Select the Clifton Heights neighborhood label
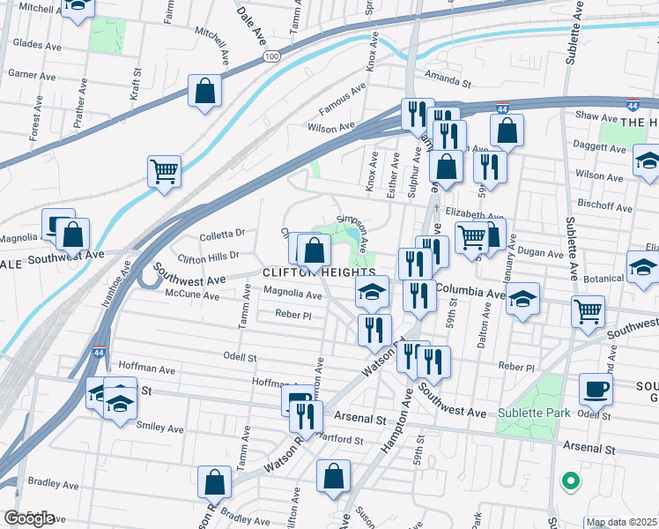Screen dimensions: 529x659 (x=319, y=273)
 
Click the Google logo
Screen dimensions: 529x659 (x=29, y=518)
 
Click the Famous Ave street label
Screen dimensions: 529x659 (x=342, y=100)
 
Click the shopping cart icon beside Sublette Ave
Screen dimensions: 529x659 (x=588, y=310)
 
